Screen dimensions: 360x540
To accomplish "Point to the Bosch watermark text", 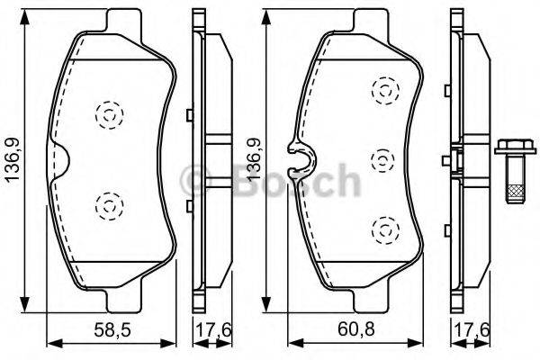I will [270, 180].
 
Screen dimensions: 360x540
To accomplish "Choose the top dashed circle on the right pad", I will [384, 89].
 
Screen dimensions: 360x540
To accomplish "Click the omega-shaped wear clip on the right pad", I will [298, 159].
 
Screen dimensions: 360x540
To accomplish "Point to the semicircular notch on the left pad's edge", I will [60, 161].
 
